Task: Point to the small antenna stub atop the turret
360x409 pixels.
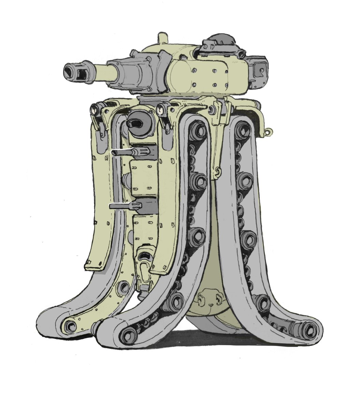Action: [x=162, y=38]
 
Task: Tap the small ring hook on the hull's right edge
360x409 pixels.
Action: [x=270, y=131]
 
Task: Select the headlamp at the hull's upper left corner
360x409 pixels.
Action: [x=93, y=110]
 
